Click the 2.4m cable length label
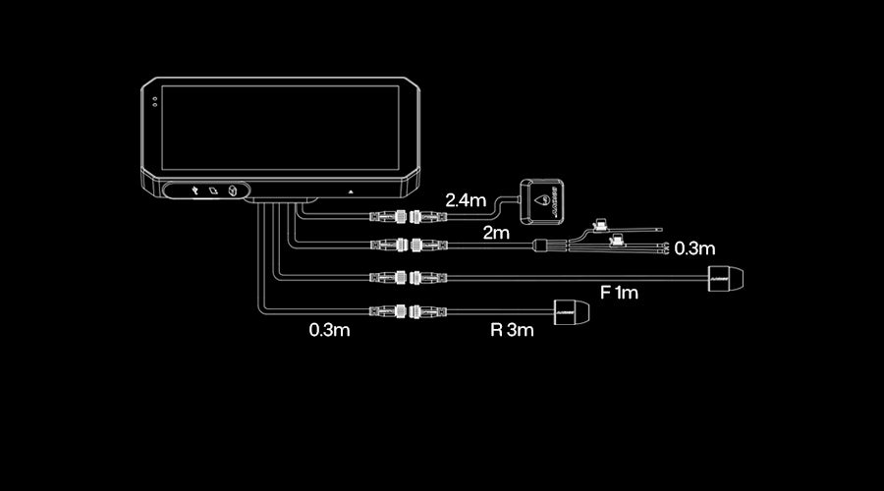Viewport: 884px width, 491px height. [466, 200]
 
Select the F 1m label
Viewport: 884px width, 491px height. [619, 293]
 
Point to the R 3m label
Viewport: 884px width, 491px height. [512, 330]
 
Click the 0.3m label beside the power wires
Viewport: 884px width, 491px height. [694, 249]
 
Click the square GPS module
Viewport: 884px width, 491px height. [544, 201]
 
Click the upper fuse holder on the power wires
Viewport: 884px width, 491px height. [598, 225]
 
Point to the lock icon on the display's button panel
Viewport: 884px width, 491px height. [233, 191]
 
